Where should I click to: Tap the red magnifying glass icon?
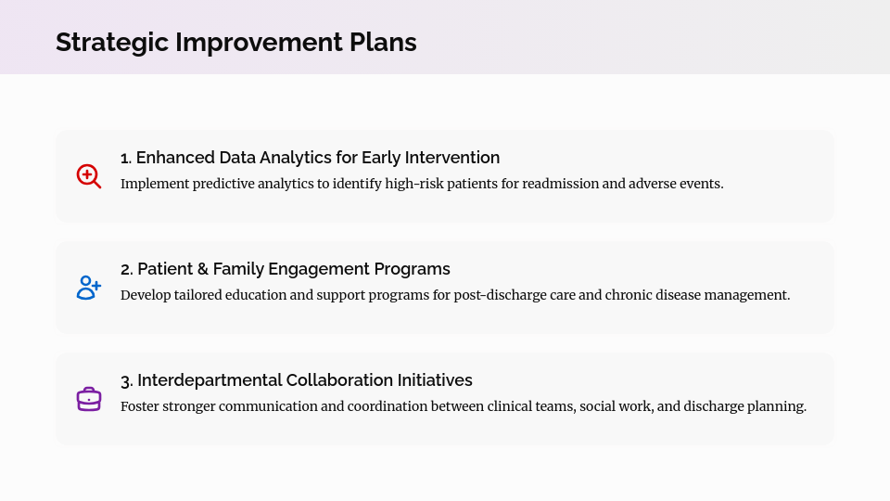click(x=88, y=176)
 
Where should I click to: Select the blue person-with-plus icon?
click(x=88, y=288)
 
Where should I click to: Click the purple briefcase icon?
click(x=88, y=399)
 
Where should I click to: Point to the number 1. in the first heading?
click(x=126, y=158)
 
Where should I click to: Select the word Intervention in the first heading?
click(x=453, y=158)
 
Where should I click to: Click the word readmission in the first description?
click(x=560, y=184)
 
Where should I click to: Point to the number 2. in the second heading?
click(x=127, y=269)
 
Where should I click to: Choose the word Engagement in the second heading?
click(x=318, y=269)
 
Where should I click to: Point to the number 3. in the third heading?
click(x=127, y=380)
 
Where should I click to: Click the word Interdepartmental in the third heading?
click(x=210, y=380)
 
